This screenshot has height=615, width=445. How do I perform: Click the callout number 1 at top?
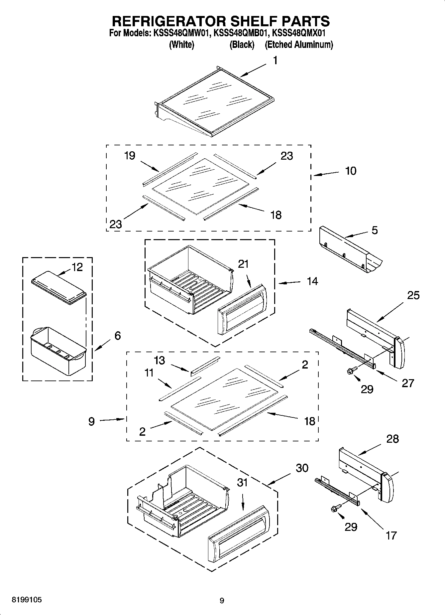275,61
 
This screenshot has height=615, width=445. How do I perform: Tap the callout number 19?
130,156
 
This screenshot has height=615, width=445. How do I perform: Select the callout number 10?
351,171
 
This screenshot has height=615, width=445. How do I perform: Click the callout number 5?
375,230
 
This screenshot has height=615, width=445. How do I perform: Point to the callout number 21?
243,264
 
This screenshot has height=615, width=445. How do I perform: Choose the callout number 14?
312,281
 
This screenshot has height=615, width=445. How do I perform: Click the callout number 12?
77,267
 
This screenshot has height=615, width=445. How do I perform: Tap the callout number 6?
117,336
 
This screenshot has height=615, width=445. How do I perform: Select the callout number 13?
160,361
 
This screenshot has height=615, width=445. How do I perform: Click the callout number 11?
149,373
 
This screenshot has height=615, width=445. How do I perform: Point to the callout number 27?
408,383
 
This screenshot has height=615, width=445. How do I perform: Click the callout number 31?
242,483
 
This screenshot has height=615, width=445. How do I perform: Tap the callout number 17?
391,535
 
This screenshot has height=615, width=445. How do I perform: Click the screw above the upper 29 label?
352,370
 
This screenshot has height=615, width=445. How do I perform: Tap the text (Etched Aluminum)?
298,45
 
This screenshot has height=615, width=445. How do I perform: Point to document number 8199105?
27,600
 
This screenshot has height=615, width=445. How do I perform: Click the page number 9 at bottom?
222,601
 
